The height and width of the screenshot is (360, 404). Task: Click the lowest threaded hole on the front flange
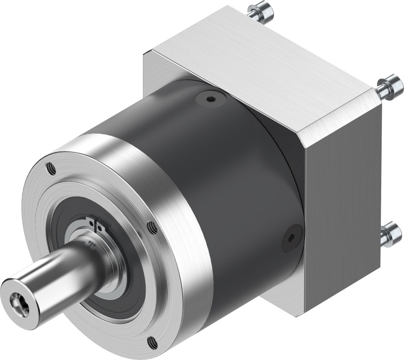tap(153, 339)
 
